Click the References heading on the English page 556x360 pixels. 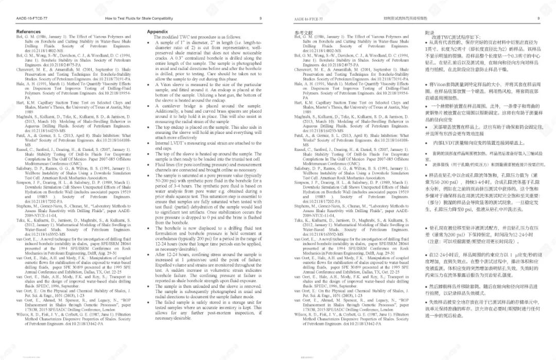point(28,32)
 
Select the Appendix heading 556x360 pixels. point(158,32)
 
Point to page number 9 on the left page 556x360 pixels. point(260,18)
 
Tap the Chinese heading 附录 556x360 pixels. point(430,32)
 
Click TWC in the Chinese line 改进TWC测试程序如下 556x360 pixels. point(446,38)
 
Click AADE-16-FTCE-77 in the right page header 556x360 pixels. point(308,19)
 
